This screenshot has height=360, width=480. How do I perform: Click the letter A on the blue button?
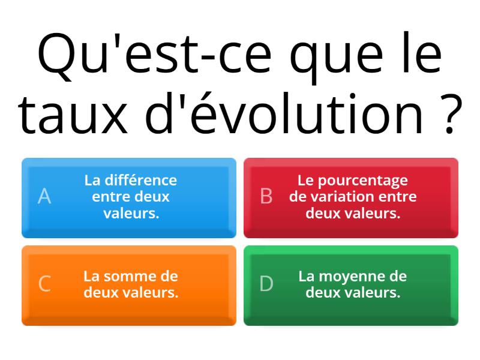44,196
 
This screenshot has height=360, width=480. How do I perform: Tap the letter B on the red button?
266,196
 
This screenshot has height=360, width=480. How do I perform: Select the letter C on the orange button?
44,284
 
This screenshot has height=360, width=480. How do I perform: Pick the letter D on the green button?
266,284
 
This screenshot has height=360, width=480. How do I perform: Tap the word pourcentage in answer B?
362,181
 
